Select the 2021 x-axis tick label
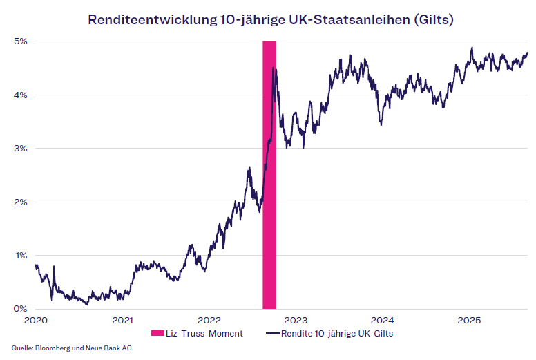[122, 320]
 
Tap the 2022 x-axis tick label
[209, 320]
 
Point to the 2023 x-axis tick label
[296, 320]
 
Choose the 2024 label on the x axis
[382, 320]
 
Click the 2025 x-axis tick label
[469, 320]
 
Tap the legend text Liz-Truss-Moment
[204, 334]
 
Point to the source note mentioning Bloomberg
[72, 348]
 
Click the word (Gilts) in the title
[433, 19]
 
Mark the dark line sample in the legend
[273, 334]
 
